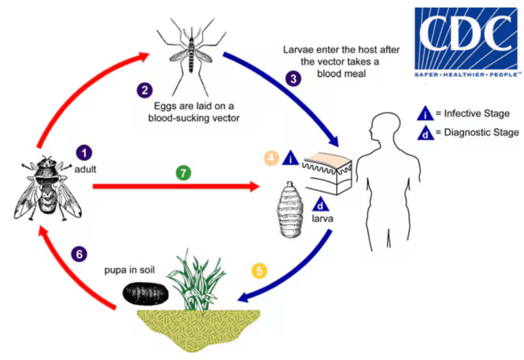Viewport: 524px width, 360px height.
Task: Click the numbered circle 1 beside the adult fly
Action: pyautogui.click(x=84, y=153)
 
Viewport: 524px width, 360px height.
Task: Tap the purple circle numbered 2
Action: pyautogui.click(x=145, y=90)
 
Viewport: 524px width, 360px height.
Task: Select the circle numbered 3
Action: pyautogui.click(x=293, y=79)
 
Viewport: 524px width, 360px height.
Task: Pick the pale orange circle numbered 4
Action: pyautogui.click(x=271, y=158)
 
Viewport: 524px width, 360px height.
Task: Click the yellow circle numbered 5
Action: pyautogui.click(x=259, y=271)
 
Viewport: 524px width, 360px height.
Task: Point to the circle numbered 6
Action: pyautogui.click(x=79, y=254)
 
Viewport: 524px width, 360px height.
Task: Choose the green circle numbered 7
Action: pyautogui.click(x=183, y=173)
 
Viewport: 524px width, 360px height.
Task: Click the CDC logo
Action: pyautogui.click(x=467, y=42)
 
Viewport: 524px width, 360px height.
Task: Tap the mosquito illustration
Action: pyautogui.click(x=191, y=57)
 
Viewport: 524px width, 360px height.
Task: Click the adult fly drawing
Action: pyautogui.click(x=47, y=188)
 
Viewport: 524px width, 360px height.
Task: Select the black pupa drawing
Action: pyautogui.click(x=145, y=293)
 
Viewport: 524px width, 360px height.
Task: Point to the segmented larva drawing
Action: pyautogui.click(x=290, y=210)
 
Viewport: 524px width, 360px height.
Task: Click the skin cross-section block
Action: pyautogui.click(x=328, y=173)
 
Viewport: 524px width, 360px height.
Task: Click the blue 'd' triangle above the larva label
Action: pyautogui.click(x=320, y=203)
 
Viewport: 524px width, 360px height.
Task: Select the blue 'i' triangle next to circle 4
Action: pyautogui.click(x=291, y=157)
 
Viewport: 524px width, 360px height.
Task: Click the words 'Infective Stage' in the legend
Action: pyautogui.click(x=477, y=113)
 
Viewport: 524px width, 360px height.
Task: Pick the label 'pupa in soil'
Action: pyautogui.click(x=129, y=270)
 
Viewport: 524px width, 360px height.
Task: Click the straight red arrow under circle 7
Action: pyautogui.click(x=176, y=187)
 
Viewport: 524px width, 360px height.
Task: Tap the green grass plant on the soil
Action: pyautogui.click(x=197, y=281)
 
